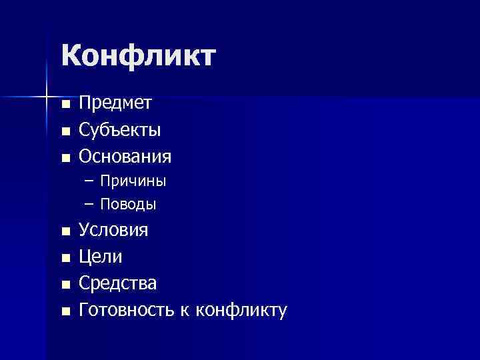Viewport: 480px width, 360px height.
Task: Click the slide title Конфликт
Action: (139, 55)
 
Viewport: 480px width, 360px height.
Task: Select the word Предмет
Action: (115, 103)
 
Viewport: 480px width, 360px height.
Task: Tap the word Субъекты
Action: (119, 129)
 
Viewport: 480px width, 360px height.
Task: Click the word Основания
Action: (125, 157)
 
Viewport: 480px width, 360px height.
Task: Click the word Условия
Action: (114, 230)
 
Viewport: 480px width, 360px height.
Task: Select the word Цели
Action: (101, 257)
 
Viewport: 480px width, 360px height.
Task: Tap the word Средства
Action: (118, 283)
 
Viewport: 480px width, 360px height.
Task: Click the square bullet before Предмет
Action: (65, 105)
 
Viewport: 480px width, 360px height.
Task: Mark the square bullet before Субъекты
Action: (65, 131)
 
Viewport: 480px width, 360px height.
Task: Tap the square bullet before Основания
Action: (65, 158)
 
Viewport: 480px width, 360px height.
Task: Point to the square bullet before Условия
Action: (65, 232)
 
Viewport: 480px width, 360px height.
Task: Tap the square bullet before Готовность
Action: (65, 311)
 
